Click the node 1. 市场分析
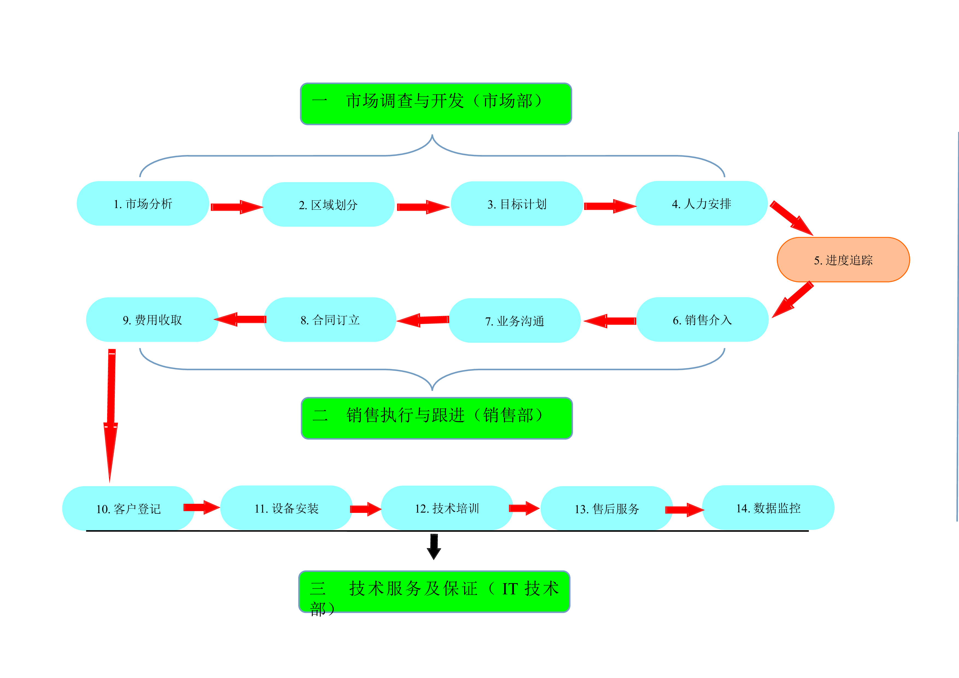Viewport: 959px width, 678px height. coord(143,203)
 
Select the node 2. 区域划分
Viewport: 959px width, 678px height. coord(328,205)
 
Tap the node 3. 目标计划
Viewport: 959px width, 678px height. coord(517,204)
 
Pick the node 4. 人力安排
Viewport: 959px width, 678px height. coord(702,203)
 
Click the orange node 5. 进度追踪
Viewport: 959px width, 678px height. coord(843,260)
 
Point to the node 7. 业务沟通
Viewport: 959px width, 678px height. coord(514,320)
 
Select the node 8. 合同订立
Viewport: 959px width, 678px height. coord(330,320)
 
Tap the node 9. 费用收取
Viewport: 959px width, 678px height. coord(153,320)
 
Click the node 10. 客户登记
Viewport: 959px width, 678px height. coord(128,508)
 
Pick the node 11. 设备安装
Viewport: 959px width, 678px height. coord(286,508)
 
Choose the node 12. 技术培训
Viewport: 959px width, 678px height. coord(447,508)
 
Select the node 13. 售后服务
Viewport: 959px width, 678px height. coord(607,508)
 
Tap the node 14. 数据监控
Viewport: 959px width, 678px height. coord(768,508)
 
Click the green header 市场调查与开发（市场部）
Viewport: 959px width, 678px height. coord(436,104)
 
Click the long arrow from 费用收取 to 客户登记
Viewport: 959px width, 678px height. coord(111,414)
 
